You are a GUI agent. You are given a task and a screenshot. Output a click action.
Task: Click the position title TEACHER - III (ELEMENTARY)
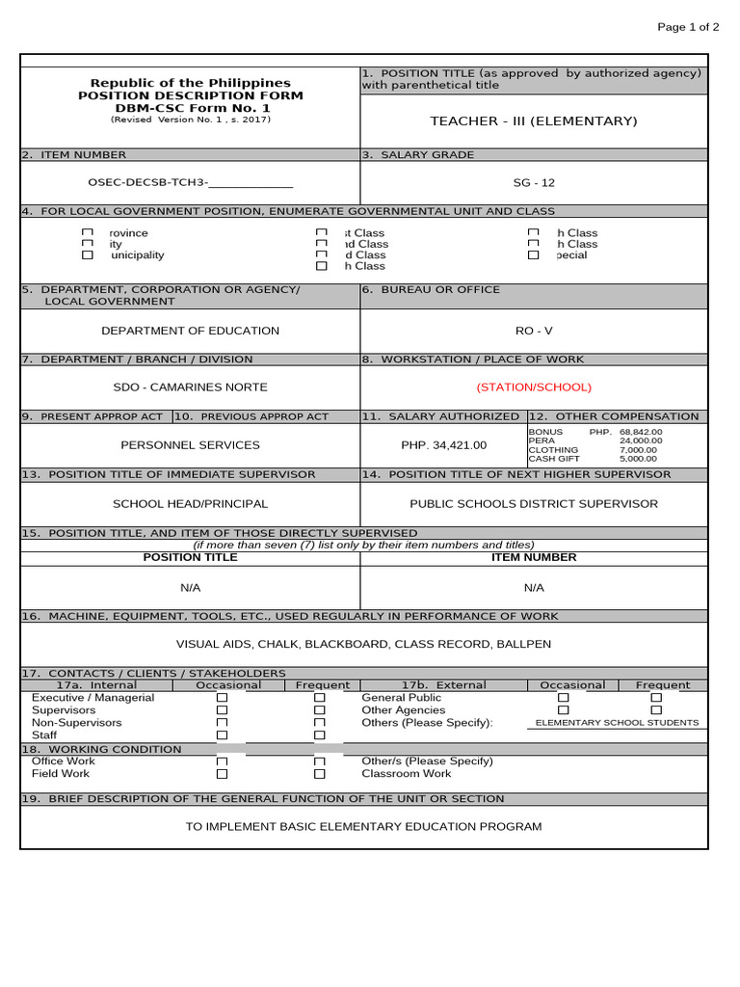tap(534, 120)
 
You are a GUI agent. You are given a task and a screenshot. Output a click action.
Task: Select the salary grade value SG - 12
tap(534, 182)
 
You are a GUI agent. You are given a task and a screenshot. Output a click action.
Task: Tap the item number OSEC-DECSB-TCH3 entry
tap(190, 182)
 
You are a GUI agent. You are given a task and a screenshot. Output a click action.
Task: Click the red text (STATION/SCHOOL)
tap(534, 387)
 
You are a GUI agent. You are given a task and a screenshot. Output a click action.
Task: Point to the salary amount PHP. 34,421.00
tap(444, 445)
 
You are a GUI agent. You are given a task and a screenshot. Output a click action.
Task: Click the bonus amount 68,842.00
tap(641, 432)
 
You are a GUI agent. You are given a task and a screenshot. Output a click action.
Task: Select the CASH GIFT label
tap(554, 459)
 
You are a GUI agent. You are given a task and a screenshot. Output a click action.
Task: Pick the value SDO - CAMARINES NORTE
tap(190, 387)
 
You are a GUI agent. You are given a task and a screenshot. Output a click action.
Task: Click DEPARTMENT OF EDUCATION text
tap(190, 331)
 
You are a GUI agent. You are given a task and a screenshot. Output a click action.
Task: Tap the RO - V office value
tap(534, 331)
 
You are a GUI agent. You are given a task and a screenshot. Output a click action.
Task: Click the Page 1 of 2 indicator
tap(688, 27)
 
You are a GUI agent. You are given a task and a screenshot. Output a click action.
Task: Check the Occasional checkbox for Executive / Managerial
tap(222, 697)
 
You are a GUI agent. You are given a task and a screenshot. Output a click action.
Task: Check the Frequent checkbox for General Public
tap(656, 697)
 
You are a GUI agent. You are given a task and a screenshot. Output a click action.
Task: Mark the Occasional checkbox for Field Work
tap(222, 773)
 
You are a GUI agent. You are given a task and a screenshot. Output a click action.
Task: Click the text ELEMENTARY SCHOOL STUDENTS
tap(617, 723)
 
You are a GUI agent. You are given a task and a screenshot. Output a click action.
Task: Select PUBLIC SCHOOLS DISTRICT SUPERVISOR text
tap(534, 503)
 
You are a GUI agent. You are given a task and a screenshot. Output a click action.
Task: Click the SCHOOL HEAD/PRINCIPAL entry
tap(190, 503)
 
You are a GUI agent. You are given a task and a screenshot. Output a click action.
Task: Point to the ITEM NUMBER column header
tap(534, 557)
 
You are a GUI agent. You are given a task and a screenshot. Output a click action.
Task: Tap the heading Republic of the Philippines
tap(190, 83)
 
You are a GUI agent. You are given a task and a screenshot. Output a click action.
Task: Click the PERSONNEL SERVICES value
tap(190, 445)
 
